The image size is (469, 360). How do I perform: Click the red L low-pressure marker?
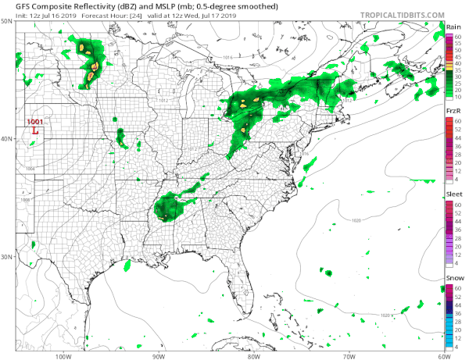coord(36,131)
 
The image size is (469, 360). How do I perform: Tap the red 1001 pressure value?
coord(35,123)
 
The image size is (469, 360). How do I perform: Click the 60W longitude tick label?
coord(442,355)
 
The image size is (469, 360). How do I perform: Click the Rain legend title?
coord(453,27)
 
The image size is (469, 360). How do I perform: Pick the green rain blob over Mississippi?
coord(165,209)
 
